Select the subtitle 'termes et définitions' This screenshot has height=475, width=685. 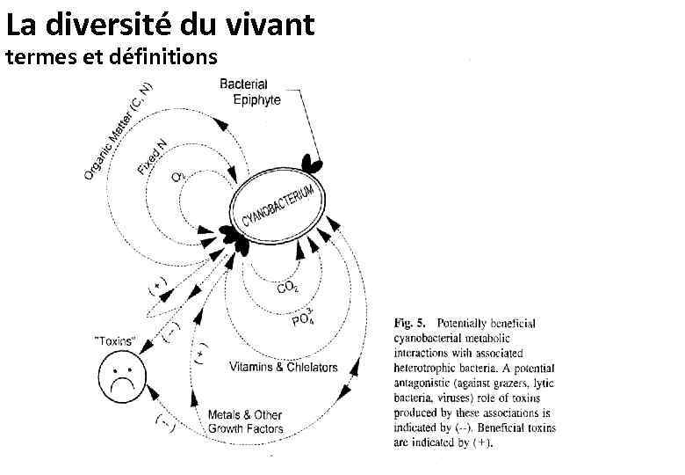pos(111,59)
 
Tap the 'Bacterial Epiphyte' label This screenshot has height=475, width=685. pos(249,91)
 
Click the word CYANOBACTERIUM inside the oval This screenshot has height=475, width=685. pos(277,200)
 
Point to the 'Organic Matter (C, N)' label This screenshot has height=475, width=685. pos(119,131)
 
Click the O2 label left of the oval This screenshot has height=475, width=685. pos(178,176)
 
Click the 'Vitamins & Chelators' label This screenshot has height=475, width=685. pos(283,367)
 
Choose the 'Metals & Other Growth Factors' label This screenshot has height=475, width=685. pos(246,421)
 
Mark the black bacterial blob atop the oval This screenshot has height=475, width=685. pos(311,164)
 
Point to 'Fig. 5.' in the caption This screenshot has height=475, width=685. pos(407,324)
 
